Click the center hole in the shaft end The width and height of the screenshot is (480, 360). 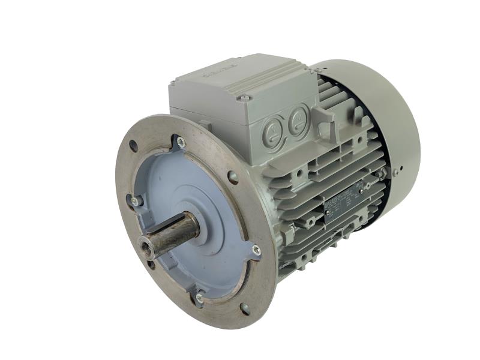tap(145, 244)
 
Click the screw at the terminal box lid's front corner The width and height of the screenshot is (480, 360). tap(244, 97)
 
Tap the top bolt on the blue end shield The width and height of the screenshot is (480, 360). tap(181, 142)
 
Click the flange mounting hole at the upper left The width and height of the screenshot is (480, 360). tap(133, 145)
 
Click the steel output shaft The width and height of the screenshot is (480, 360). tap(174, 230)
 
